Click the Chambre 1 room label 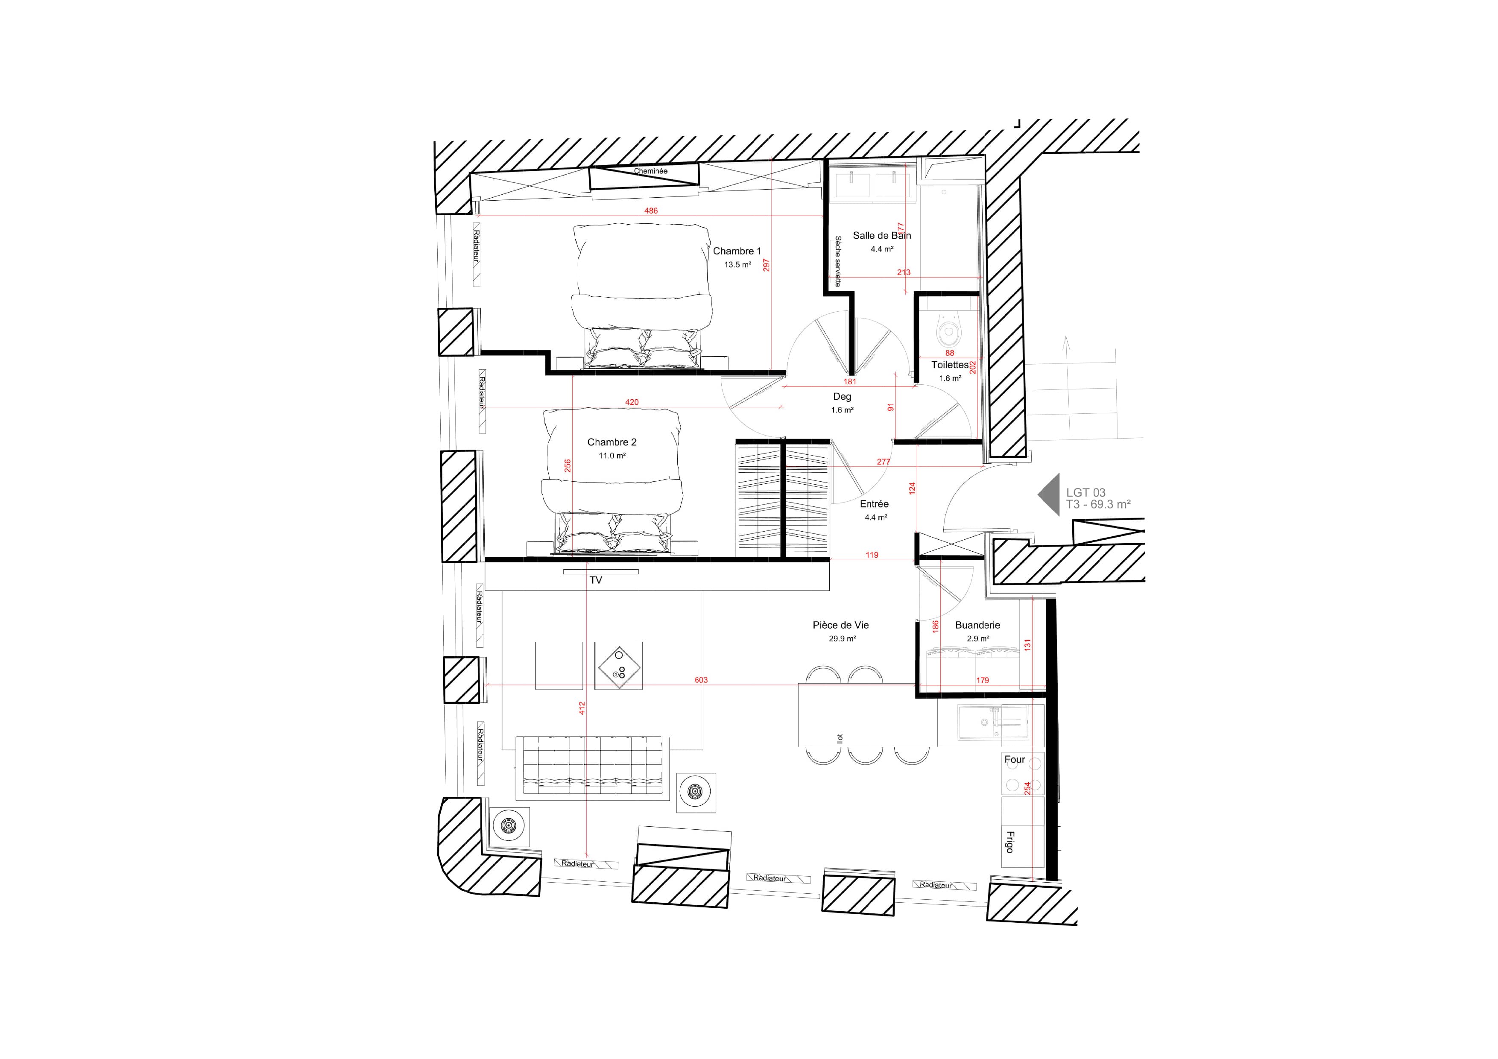(x=737, y=251)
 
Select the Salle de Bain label (x=881, y=236)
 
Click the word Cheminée (x=650, y=171)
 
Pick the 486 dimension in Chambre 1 (x=650, y=211)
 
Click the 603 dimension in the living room (x=701, y=680)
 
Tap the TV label (x=596, y=580)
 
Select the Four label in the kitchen (x=1015, y=760)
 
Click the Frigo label (x=1010, y=842)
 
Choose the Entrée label (x=874, y=504)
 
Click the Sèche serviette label (x=838, y=261)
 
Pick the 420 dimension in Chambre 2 (x=632, y=402)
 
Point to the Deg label (x=842, y=397)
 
